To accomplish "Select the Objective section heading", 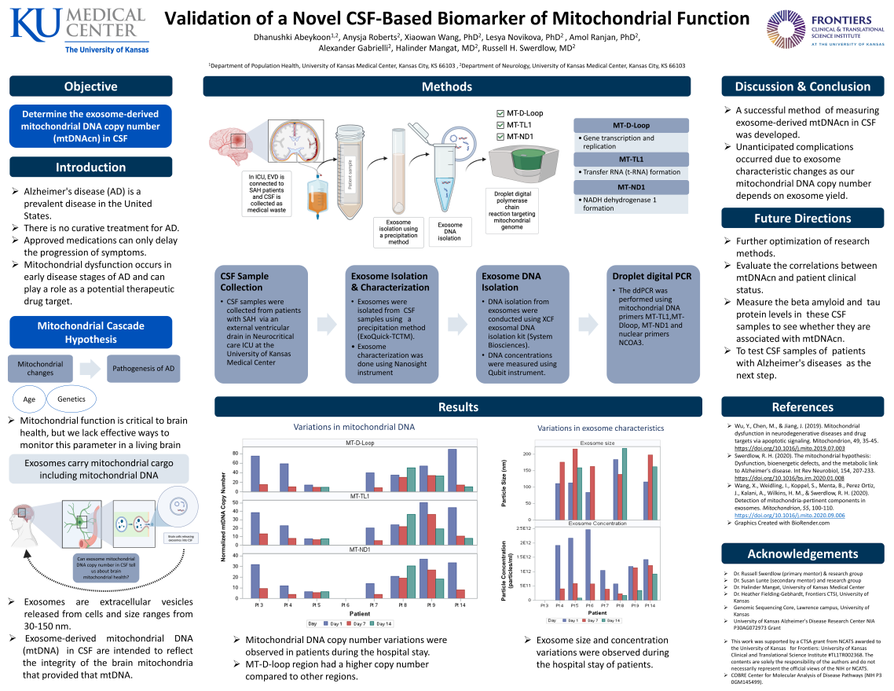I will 91,86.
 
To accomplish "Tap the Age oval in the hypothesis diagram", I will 29,399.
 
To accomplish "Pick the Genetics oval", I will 71,399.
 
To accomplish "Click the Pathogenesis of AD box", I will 144,368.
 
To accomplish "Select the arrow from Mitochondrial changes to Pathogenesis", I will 90,368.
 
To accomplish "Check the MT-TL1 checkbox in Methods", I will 501,125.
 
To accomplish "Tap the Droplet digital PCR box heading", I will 651,276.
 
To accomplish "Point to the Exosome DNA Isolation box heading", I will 511,281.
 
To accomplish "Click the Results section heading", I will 458,406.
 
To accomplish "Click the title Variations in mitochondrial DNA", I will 354,427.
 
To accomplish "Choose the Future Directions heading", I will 802,219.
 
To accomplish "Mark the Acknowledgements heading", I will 802,553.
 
